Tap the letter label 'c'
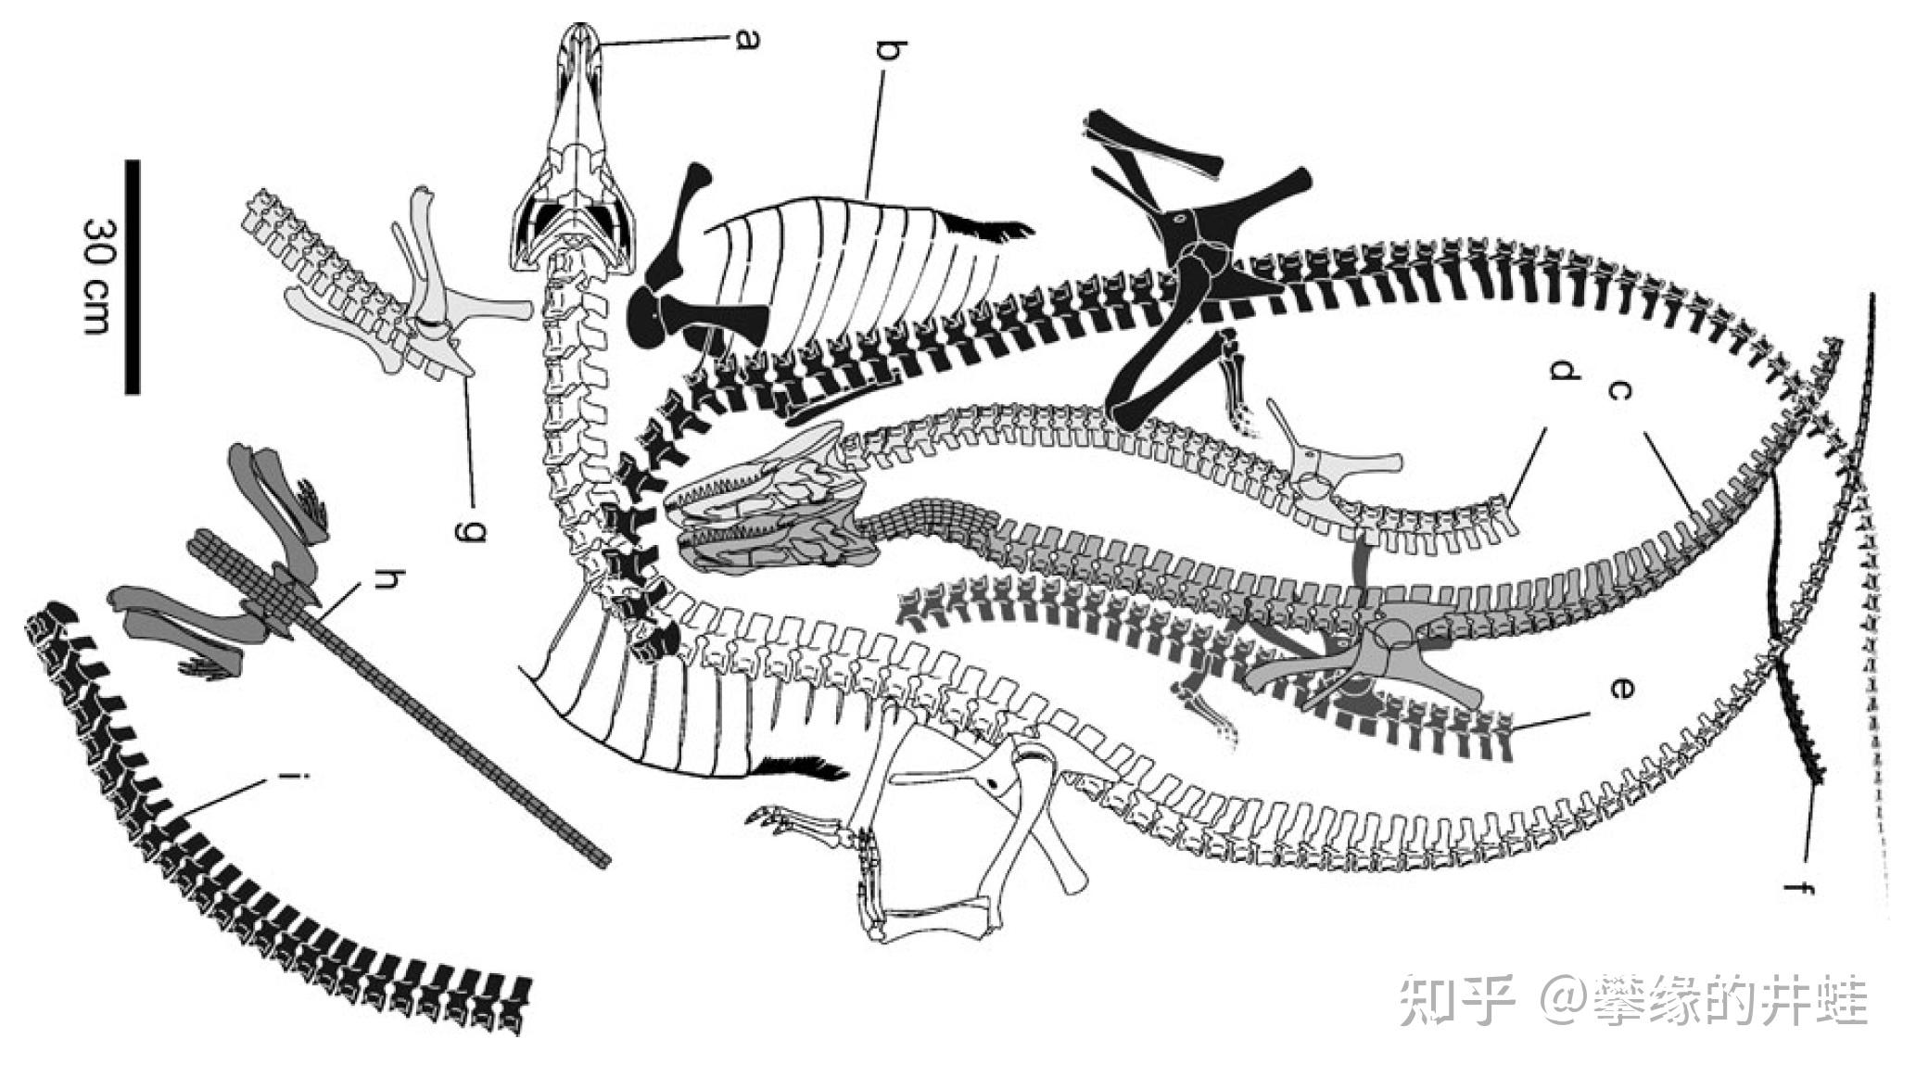1618,391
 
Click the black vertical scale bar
133,276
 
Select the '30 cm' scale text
97,276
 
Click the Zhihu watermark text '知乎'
1456,1000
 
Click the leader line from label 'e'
1548,720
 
